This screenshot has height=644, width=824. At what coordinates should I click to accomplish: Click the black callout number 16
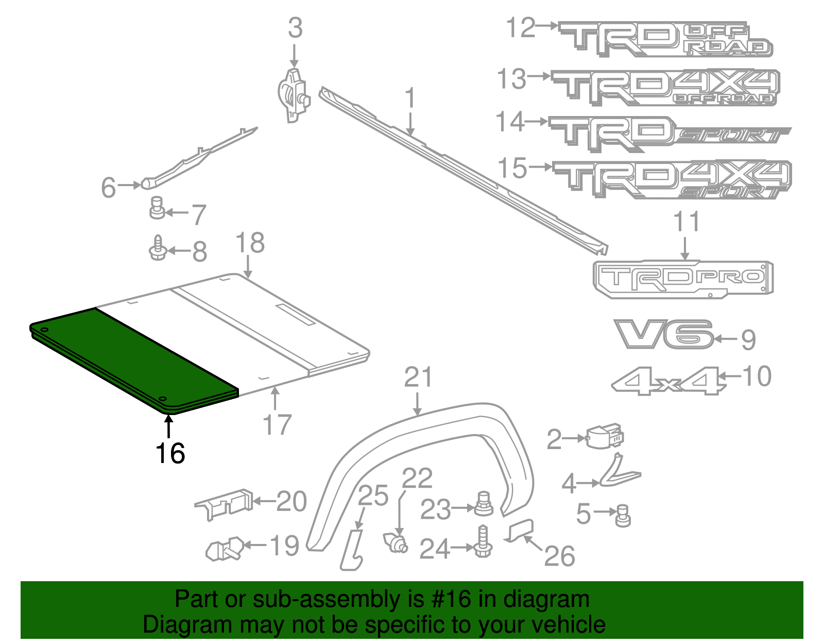coord(170,454)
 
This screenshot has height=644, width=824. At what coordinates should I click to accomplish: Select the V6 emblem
coord(663,334)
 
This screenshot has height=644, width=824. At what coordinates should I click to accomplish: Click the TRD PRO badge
coord(683,279)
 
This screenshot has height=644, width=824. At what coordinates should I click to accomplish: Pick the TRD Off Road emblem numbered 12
coord(664,39)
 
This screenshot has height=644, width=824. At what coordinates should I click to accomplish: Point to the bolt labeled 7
coord(157,207)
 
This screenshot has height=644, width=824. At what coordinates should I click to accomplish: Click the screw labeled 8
coord(158,248)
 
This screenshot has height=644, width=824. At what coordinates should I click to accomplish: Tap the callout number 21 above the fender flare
coord(418,378)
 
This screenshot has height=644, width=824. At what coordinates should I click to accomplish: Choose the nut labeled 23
coord(483,504)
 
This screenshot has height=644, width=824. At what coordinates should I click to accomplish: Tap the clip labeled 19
coord(224,550)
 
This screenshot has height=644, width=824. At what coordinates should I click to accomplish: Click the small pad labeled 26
coord(520,531)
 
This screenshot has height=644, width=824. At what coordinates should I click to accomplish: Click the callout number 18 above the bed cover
coord(250,243)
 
